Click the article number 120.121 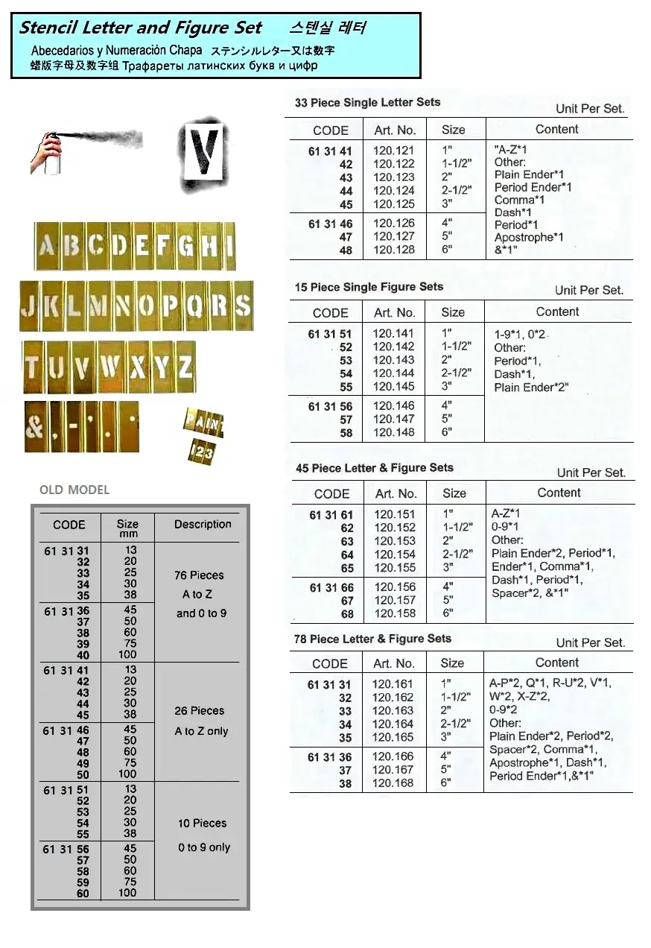pyautogui.click(x=393, y=151)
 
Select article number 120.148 pyautogui.click(x=393, y=433)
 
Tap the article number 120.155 pyautogui.click(x=395, y=568)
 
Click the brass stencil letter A pyautogui.click(x=47, y=247)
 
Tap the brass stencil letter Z pyautogui.click(x=185, y=367)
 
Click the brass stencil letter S pyautogui.click(x=243, y=306)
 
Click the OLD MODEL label pyautogui.click(x=74, y=490)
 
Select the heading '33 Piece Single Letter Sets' pyautogui.click(x=367, y=102)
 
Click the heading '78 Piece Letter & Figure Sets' pyautogui.click(x=372, y=639)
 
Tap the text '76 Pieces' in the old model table pyautogui.click(x=199, y=575)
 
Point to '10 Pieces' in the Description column pyautogui.click(x=202, y=823)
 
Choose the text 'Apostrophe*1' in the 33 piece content pyautogui.click(x=529, y=238)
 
